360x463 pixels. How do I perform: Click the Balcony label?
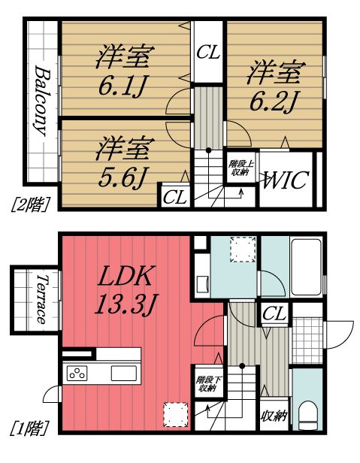[41, 100]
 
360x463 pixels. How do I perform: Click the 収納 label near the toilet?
[274, 416]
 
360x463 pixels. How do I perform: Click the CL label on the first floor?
[275, 315]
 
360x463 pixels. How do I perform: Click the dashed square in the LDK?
[175, 413]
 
